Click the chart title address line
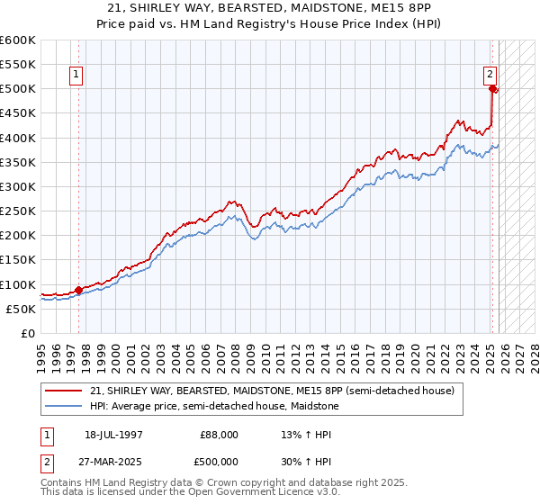270,8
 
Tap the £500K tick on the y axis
18,89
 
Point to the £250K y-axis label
18,211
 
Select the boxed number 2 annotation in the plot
490,75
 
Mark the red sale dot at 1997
78,290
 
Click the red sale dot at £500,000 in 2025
492,88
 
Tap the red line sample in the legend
65,390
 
